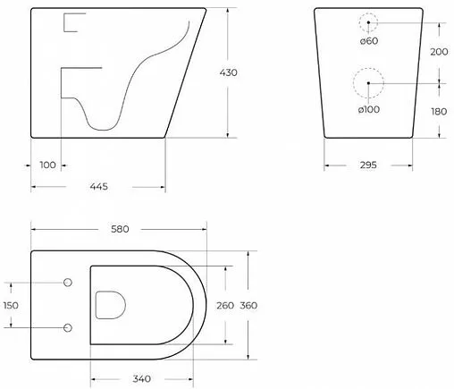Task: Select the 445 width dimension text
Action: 98,186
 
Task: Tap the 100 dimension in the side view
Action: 47,165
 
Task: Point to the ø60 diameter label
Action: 370,42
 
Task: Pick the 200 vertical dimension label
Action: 438,52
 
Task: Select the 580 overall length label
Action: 118,229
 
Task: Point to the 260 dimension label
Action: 224,305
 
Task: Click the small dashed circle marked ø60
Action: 368,22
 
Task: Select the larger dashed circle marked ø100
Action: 367,84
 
